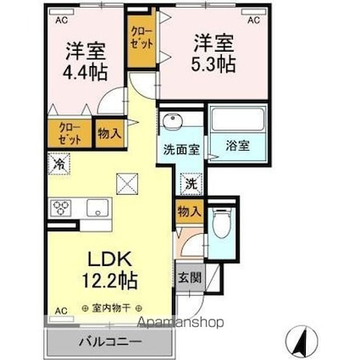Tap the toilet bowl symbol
click(222, 224)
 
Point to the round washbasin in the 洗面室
click(174, 121)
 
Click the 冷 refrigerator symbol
click(62, 162)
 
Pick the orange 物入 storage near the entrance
click(188, 212)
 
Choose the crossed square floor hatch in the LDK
click(127, 181)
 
